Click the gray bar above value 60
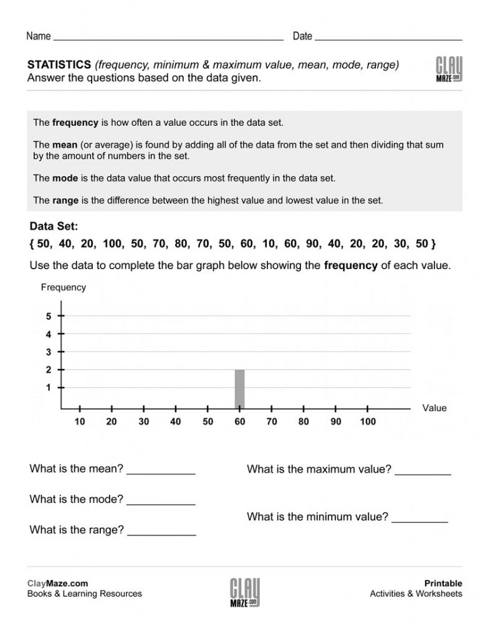coord(239,389)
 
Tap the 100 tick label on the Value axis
coord(368,422)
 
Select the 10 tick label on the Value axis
coord(80,422)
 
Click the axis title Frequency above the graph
coord(63,288)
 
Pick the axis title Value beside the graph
coord(434,408)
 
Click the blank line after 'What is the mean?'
coord(161,472)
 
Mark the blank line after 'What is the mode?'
coord(161,502)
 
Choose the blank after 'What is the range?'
coord(161,533)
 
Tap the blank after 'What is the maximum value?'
coord(423,472)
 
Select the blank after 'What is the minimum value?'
coord(419,519)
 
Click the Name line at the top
coord(168,38)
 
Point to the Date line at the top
coord(388,38)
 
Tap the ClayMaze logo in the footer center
coord(246,593)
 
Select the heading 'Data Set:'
coord(54,227)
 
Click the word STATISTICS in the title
coord(60,65)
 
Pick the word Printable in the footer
coord(443,584)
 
